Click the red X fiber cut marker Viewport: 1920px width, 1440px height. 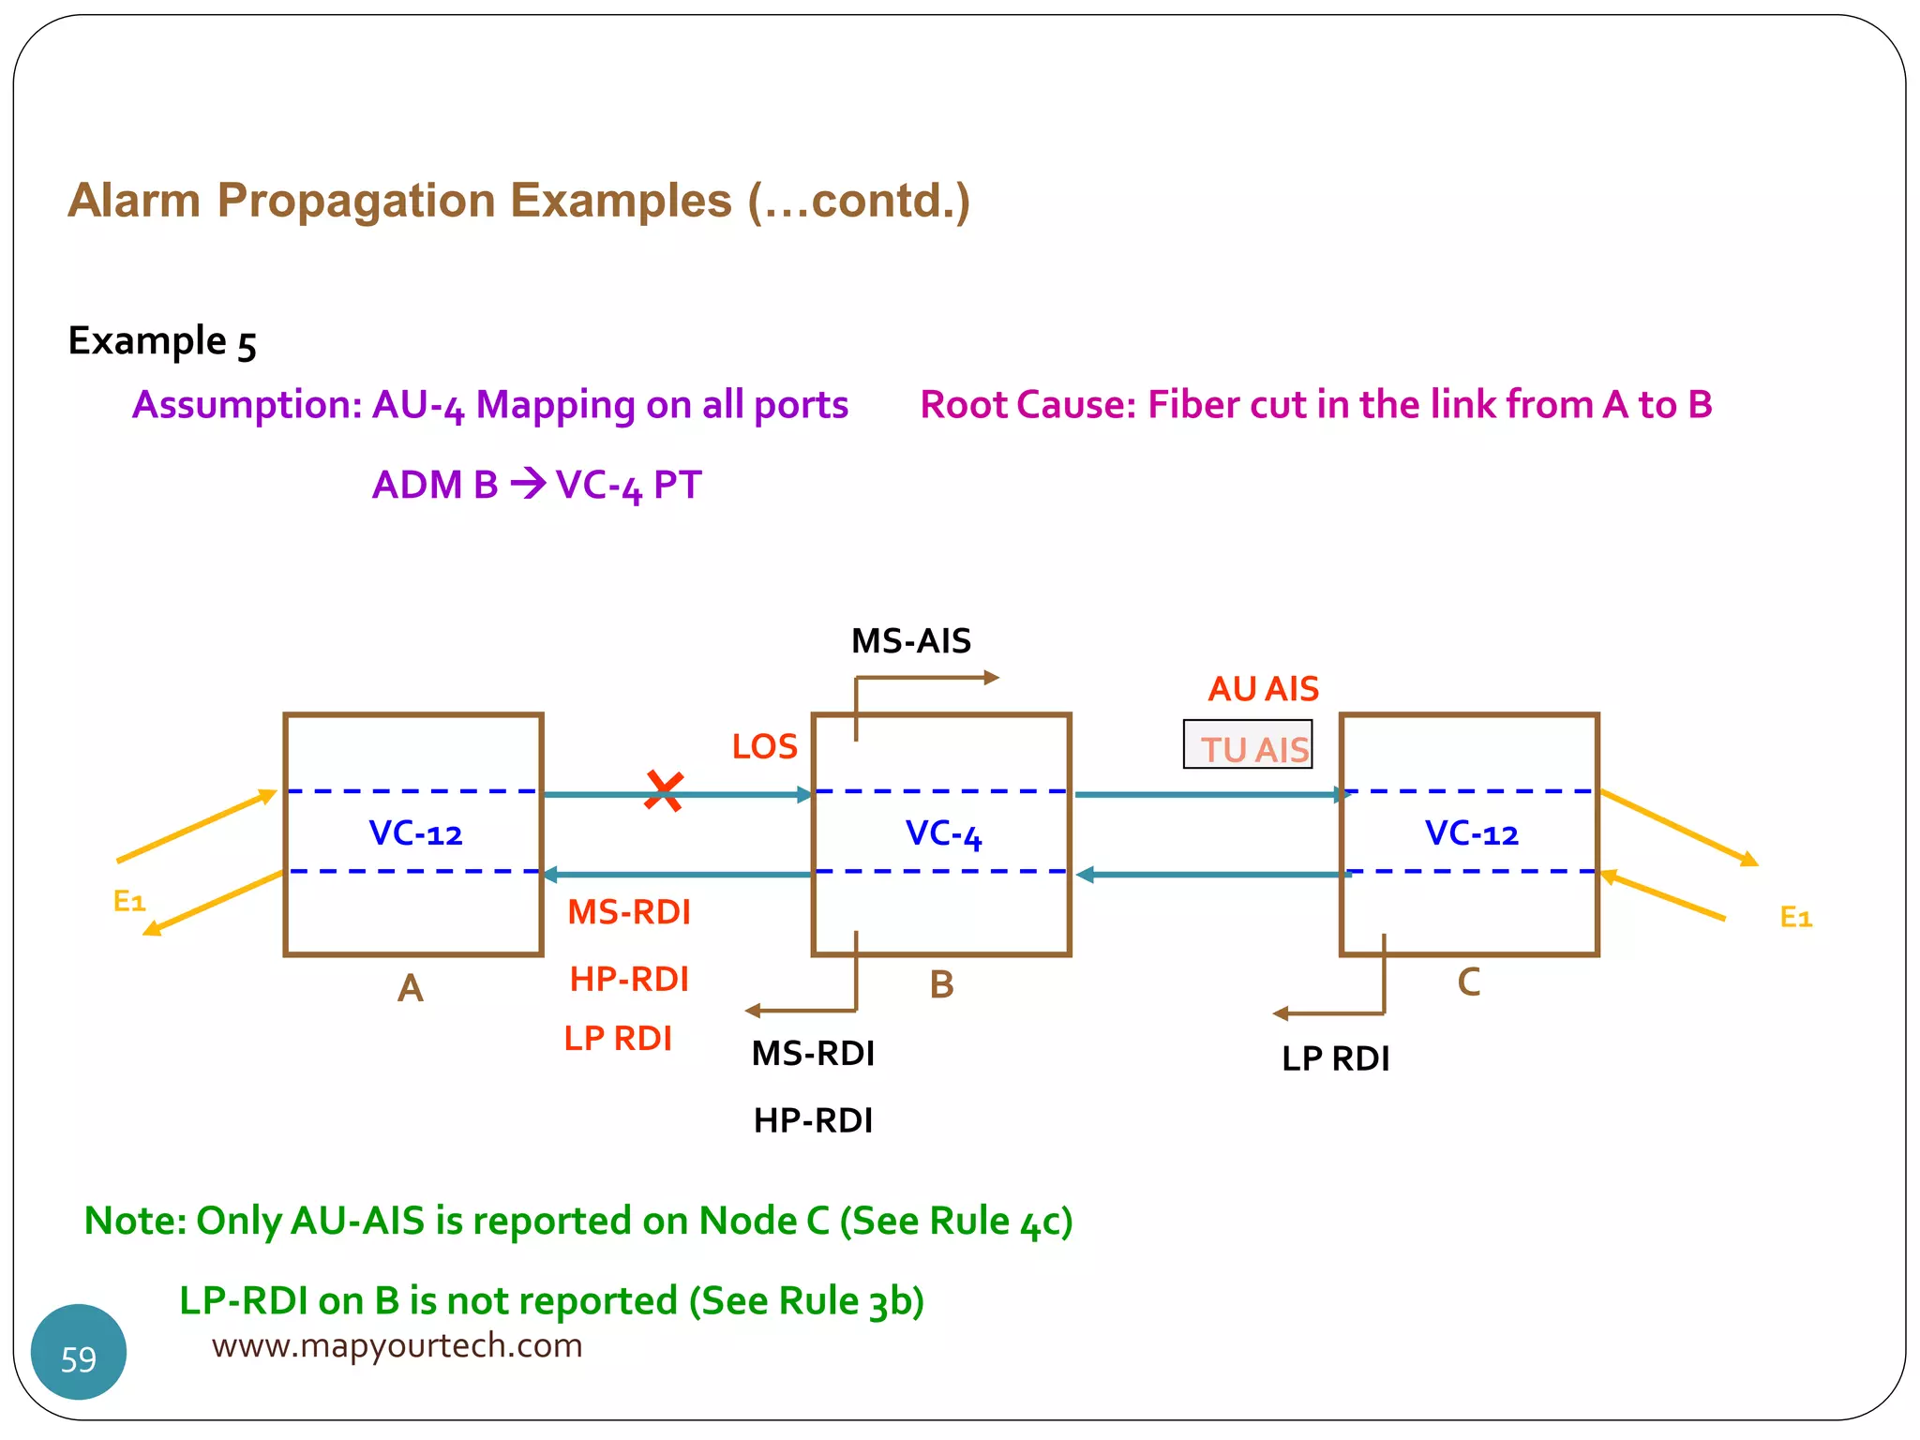(x=664, y=792)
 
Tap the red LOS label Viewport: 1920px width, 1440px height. (x=764, y=747)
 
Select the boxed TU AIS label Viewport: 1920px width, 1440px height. (x=1248, y=746)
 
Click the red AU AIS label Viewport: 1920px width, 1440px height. (x=1263, y=689)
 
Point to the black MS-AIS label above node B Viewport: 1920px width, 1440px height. (x=910, y=641)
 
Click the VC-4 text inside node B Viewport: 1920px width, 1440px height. (x=943, y=833)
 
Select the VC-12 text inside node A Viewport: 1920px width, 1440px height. (x=415, y=833)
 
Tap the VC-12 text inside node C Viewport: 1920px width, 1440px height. (x=1471, y=833)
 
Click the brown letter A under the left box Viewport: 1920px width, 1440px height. (x=411, y=988)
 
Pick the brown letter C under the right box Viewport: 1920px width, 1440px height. (x=1468, y=982)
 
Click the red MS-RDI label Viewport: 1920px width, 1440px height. (x=629, y=912)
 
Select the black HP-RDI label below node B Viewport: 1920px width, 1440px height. (x=813, y=1120)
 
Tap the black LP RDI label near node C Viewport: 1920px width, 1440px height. (x=1335, y=1059)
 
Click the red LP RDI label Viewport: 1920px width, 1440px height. (x=618, y=1039)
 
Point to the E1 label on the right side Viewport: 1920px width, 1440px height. (x=1795, y=917)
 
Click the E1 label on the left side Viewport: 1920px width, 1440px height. (x=129, y=902)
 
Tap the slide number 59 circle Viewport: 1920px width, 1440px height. (x=79, y=1353)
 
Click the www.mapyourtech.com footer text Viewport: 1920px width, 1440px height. (x=397, y=1346)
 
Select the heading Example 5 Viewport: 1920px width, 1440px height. (x=161, y=341)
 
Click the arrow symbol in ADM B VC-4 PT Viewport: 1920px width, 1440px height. (x=528, y=484)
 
